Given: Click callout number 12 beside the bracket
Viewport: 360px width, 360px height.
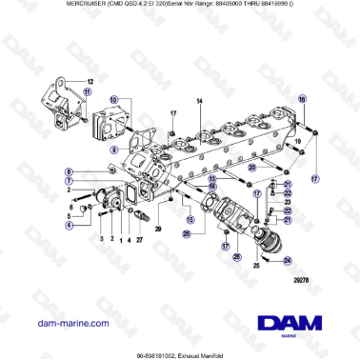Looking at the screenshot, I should tap(90, 81).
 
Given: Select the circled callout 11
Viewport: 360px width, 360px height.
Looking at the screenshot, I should tap(88, 91).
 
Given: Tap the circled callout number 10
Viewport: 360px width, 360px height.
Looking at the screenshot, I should tap(113, 100).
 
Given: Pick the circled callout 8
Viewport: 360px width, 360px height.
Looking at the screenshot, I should tap(69, 171).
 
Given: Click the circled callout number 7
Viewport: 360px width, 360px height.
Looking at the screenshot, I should tap(69, 181).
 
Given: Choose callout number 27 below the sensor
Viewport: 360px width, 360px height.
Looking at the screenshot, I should tap(138, 240).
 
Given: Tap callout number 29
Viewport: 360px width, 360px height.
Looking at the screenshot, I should tap(159, 230).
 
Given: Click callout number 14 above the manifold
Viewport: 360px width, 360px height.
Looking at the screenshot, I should tap(199, 101).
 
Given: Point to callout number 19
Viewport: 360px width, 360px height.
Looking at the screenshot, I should tap(297, 140).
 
